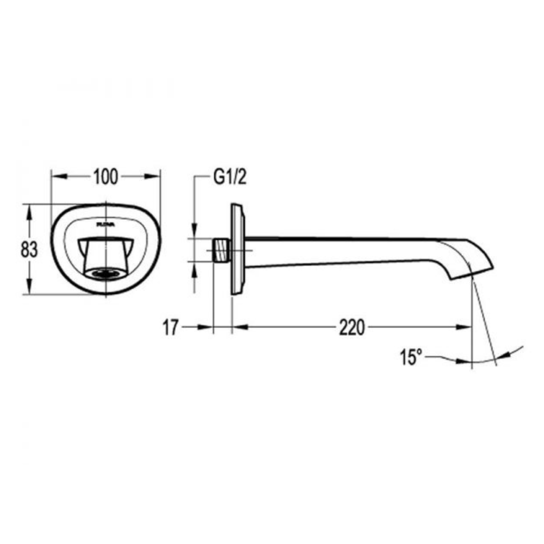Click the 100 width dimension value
coord(106,177)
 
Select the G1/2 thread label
coord(229,177)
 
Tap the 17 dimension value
coord(171,327)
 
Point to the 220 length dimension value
coord(352,327)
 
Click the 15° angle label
coord(412,357)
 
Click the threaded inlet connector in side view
coord(221,250)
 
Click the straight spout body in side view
coord(348,251)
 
